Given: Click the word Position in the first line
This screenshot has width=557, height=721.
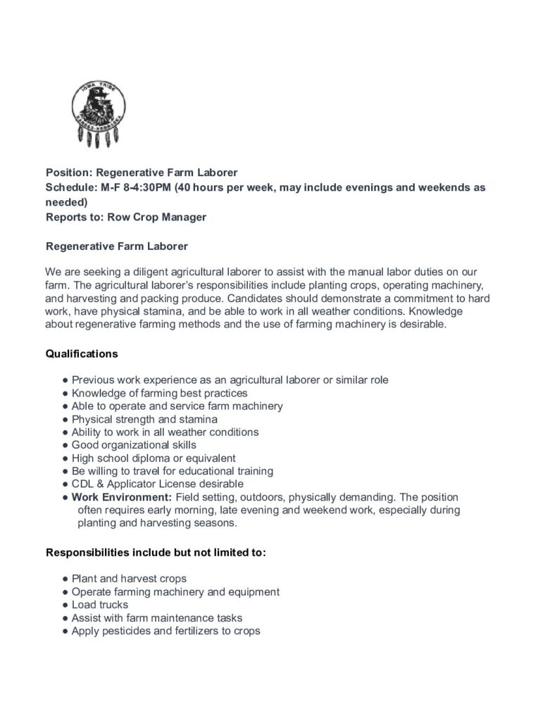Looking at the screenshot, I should [68, 172].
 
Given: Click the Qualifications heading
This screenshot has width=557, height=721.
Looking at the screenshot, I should [81, 353].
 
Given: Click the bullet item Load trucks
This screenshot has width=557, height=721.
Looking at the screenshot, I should [100, 605].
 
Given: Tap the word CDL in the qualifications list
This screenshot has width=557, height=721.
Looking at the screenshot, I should [82, 484].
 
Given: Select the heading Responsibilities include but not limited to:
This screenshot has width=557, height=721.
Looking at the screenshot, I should [156, 553].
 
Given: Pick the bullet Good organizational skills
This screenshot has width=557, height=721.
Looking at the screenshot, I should [134, 445].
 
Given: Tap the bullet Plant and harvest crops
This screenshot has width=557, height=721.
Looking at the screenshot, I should [129, 579].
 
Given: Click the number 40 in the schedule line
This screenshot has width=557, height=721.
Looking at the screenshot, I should [183, 187].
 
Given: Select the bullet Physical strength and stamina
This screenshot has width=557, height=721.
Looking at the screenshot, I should [144, 419].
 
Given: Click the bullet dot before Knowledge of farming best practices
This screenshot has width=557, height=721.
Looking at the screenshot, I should [65, 393].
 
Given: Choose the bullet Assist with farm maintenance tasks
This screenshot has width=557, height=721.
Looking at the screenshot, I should [157, 617].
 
